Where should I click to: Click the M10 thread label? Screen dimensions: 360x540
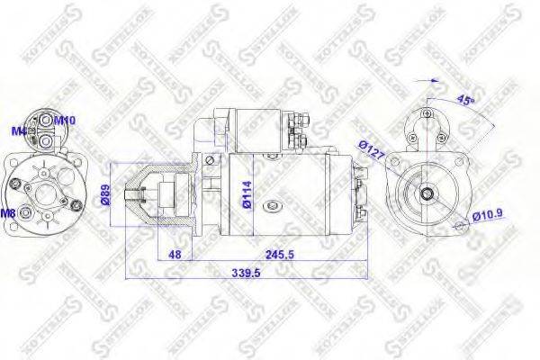[x=65, y=120]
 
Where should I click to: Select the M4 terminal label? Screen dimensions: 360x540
[x=17, y=131]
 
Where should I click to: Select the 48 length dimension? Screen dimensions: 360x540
[x=175, y=255]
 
